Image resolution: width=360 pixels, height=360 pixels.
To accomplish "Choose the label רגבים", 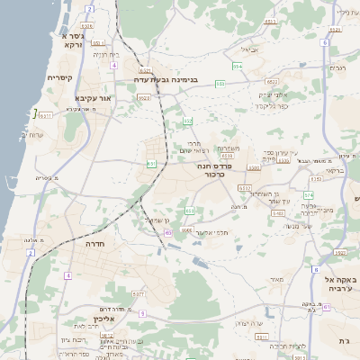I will coord(337,67).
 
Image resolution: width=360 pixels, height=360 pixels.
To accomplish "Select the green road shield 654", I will coord(237,67).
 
